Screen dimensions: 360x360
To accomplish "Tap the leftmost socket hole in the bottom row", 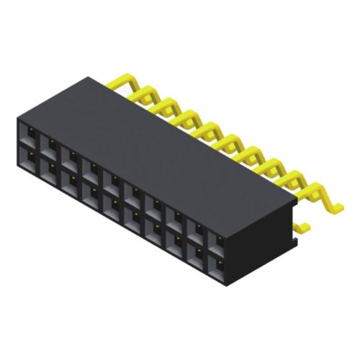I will (30, 156).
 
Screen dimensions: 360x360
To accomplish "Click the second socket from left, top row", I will (51, 143).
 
